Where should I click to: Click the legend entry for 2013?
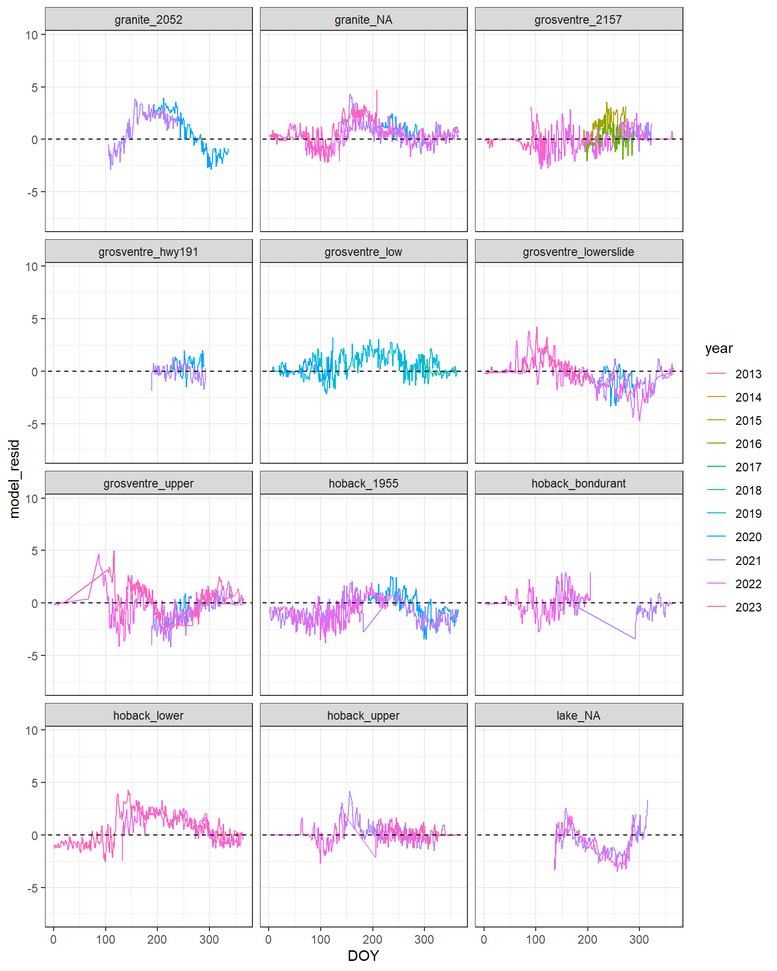[x=748, y=374]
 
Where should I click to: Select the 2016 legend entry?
[x=748, y=444]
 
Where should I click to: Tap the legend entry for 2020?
[x=748, y=537]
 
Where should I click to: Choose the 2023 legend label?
[x=748, y=607]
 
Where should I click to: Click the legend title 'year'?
[x=718, y=348]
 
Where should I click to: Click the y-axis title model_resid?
[x=14, y=478]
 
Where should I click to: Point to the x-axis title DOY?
[x=363, y=955]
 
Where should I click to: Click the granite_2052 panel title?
[x=148, y=20]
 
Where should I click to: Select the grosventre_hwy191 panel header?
[x=148, y=252]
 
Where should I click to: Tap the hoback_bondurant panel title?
[x=578, y=483]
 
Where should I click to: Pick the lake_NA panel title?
[x=578, y=716]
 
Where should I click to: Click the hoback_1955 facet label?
[x=363, y=483]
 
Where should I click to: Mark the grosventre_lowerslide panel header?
[x=578, y=252]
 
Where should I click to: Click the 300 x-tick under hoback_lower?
[x=209, y=940]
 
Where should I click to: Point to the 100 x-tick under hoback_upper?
[x=320, y=940]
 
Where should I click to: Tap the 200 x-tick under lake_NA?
[x=587, y=940]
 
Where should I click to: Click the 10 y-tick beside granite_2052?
[x=32, y=35]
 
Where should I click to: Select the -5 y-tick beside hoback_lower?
[x=32, y=888]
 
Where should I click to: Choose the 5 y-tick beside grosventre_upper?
[x=34, y=551]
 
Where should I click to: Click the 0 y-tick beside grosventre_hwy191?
[x=34, y=372]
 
